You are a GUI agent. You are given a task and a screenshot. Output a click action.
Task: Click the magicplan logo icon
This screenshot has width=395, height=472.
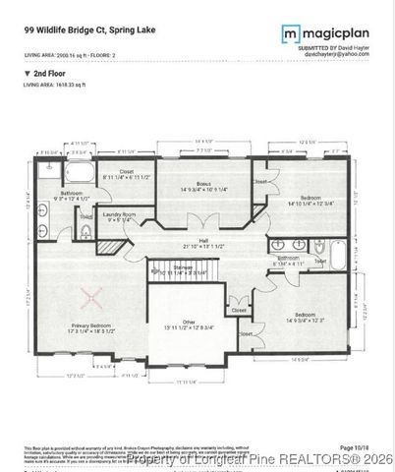click(291, 34)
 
